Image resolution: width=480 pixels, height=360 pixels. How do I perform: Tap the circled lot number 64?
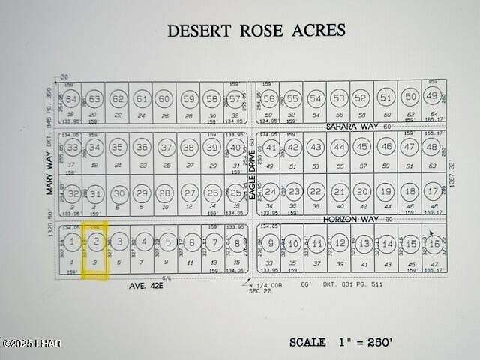click(71, 99)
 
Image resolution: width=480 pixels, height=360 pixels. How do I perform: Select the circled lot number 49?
click(431, 96)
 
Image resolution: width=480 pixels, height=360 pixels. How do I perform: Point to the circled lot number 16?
click(433, 243)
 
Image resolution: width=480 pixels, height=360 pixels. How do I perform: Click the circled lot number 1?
click(71, 242)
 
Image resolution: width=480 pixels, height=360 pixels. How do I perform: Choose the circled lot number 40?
click(235, 147)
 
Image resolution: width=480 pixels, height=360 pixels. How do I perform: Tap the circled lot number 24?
click(271, 192)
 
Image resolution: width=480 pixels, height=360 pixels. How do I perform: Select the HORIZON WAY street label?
click(350, 220)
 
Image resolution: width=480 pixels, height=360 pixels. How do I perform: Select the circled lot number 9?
click(271, 243)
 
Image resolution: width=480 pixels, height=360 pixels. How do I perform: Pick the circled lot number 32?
click(73, 193)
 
